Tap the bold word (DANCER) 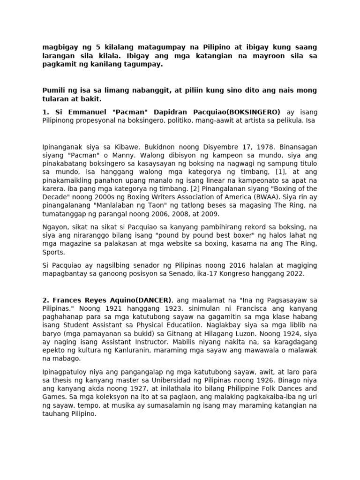[x=156, y=300]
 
